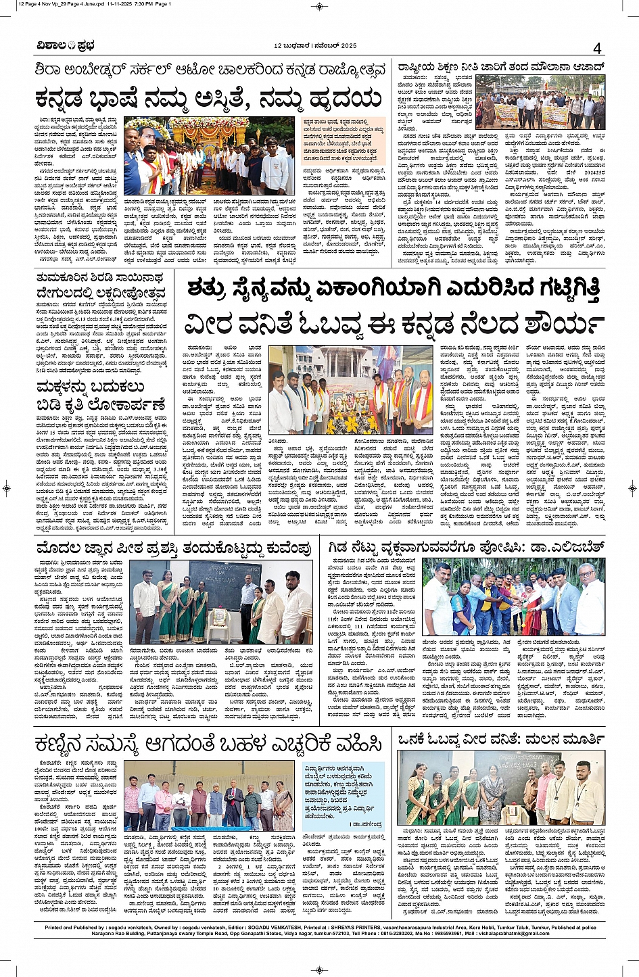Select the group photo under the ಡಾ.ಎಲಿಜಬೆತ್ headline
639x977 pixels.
click(513, 596)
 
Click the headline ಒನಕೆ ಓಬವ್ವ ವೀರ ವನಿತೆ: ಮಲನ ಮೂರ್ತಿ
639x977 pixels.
click(501, 740)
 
